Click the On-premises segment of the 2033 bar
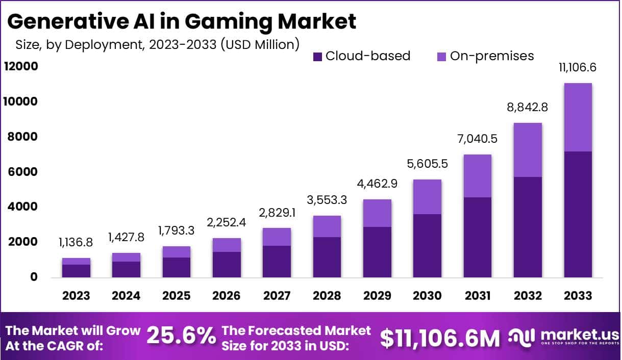coord(578,117)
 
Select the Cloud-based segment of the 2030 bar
coord(427,246)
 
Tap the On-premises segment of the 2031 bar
coord(477,176)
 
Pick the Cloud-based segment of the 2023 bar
coord(76,271)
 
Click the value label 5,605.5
coord(427,165)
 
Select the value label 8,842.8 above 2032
coord(527,108)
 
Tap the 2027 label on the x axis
coord(277,296)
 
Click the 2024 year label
coord(126,296)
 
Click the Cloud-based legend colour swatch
coord(317,56)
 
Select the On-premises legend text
coord(491,56)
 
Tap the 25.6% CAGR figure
coord(181,337)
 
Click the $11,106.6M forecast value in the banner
coord(440,337)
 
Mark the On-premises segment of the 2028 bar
coord(327,226)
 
